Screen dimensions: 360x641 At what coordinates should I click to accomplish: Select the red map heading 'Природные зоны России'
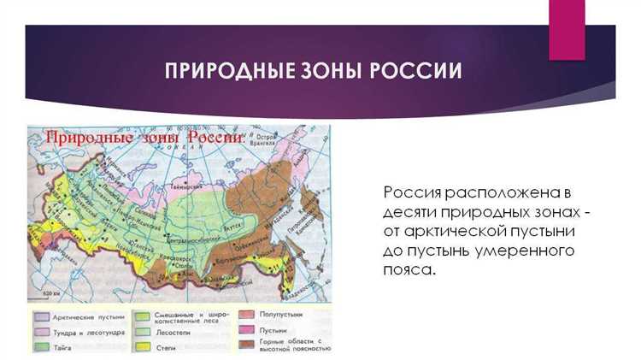point(145,138)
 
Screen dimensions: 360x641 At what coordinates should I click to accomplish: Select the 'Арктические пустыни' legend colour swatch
point(39,317)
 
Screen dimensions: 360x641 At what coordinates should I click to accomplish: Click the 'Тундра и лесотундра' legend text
point(88,332)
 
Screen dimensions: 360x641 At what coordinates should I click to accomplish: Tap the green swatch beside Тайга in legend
point(39,346)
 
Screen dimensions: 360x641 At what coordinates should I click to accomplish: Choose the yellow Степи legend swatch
point(143,347)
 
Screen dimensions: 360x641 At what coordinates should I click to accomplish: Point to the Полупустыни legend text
point(283,315)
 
